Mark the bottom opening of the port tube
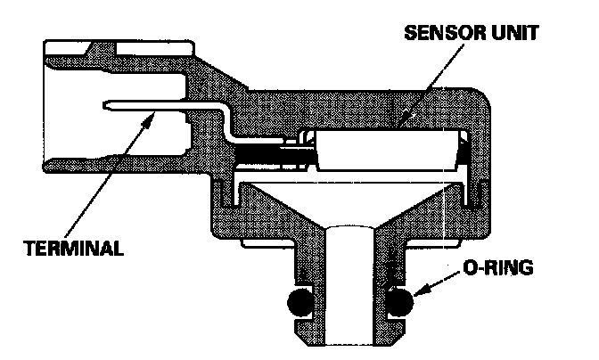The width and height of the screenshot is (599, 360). [x=350, y=343]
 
